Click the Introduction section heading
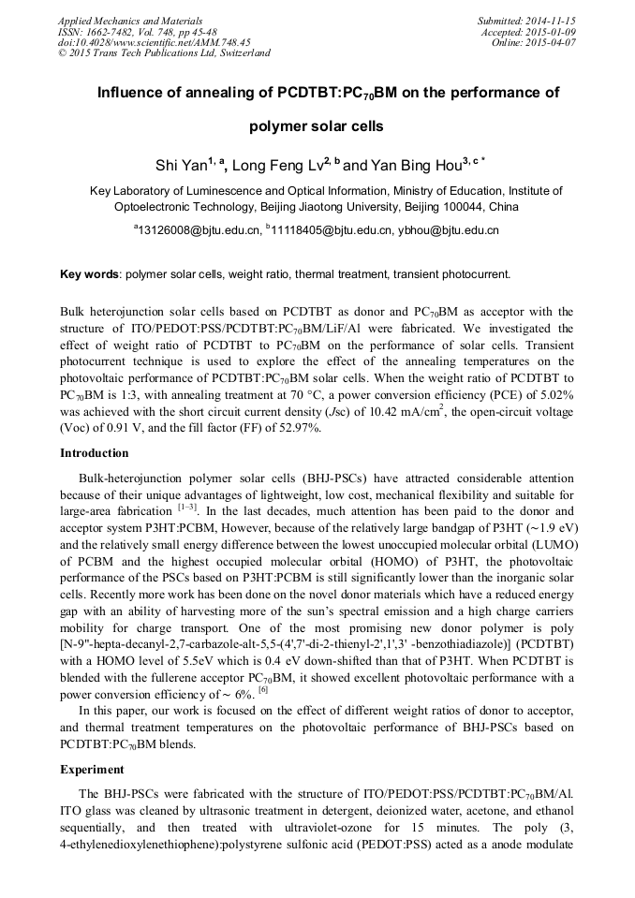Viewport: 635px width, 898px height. [94, 453]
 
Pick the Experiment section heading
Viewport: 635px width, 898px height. [92, 770]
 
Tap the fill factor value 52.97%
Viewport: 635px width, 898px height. [297, 428]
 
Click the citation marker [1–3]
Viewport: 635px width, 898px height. [186, 508]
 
